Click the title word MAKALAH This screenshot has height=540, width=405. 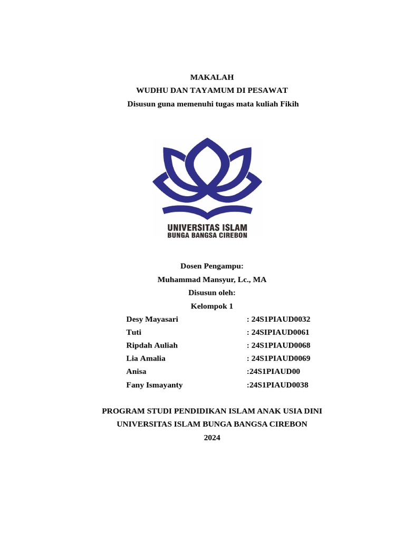click(211, 77)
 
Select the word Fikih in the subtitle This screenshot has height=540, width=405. click(289, 104)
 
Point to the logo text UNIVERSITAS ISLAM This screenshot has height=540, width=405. click(207, 228)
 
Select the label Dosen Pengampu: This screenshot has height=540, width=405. click(211, 266)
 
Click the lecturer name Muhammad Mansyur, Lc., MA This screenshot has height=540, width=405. click(211, 279)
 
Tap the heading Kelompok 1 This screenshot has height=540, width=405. click(211, 306)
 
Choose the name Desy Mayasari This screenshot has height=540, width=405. click(152, 319)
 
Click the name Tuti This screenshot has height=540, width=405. click(134, 332)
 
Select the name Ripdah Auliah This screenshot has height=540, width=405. click(152, 345)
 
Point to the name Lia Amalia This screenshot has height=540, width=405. click(146, 359)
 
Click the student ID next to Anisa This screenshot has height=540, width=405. click(273, 372)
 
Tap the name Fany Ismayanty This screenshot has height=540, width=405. click(155, 385)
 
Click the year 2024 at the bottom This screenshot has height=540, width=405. click(211, 438)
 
